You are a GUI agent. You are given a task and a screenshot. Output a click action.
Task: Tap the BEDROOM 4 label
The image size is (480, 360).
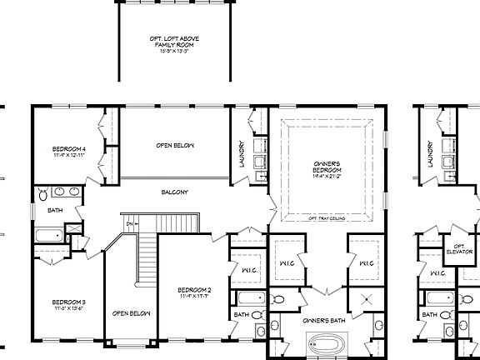(69, 149)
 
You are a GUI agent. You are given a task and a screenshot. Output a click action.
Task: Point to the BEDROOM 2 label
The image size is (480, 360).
(194, 290)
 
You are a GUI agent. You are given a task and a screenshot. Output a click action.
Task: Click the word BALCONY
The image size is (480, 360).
(175, 192)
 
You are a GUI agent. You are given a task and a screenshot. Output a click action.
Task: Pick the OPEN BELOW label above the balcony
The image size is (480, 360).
(174, 146)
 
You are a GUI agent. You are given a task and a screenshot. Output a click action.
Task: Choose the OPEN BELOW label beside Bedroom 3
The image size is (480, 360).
(131, 313)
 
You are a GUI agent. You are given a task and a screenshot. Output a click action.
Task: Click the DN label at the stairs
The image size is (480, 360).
(129, 223)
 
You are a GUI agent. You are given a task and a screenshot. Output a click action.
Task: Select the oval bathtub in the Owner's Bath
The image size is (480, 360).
(326, 342)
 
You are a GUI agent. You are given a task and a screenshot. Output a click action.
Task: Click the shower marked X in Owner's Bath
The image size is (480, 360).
(366, 300)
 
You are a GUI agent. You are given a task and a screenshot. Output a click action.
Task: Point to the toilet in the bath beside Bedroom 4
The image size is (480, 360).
(42, 197)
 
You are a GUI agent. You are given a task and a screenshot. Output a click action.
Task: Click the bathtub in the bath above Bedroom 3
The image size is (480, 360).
(48, 236)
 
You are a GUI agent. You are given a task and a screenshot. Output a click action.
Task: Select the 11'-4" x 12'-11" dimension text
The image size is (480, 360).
(69, 156)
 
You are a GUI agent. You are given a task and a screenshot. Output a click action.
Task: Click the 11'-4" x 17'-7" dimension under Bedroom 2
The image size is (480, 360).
(194, 297)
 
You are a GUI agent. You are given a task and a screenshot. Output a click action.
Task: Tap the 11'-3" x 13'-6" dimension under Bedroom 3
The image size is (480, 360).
(69, 307)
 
